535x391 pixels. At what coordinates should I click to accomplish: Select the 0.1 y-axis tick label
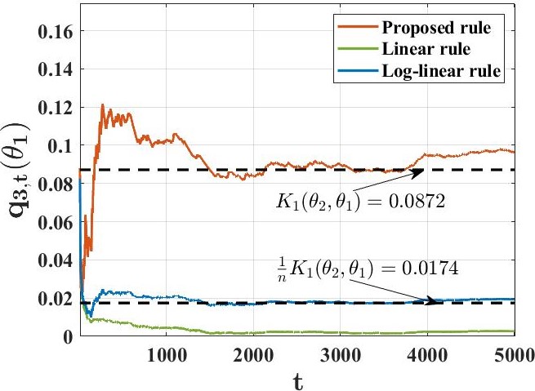tap(56, 146)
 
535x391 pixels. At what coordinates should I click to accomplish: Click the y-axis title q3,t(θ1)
tap(18, 171)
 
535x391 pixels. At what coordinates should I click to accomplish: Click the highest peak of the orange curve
tap(103, 104)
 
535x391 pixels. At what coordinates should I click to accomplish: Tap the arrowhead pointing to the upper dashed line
tap(420, 171)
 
